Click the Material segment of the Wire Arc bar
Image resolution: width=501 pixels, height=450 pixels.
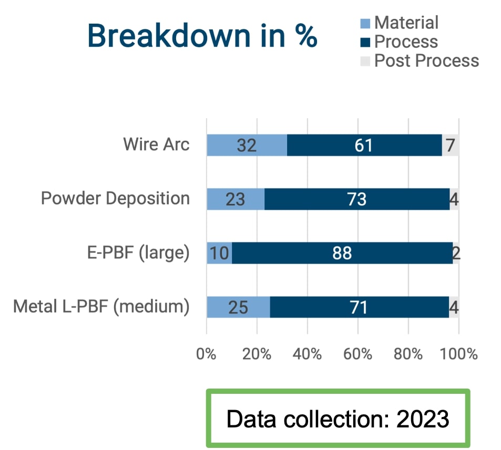247,145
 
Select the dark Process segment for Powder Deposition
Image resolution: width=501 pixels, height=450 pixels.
357,199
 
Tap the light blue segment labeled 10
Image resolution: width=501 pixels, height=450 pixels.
220,253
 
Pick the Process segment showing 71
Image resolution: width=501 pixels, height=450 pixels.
360,307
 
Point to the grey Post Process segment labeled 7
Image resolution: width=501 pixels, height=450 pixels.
451,145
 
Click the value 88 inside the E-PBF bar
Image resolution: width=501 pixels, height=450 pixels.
342,254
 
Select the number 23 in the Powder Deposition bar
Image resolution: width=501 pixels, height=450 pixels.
235,200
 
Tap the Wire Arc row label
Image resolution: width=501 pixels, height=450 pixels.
156,144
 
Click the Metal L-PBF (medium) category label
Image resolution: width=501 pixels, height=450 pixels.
101,307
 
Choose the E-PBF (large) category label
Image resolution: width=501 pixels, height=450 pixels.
138,253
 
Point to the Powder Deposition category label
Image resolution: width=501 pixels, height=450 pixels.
115,198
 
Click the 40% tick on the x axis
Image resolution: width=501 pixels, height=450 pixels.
307,354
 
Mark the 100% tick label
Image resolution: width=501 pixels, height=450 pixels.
459,354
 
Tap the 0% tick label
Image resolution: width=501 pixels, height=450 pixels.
206,354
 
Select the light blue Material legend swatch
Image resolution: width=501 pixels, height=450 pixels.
365,23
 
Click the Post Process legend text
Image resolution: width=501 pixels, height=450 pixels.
426,60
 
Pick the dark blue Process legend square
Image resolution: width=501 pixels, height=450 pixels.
365,42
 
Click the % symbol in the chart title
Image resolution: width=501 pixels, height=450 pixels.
306,35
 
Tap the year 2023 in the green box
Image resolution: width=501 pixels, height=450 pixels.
423,418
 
